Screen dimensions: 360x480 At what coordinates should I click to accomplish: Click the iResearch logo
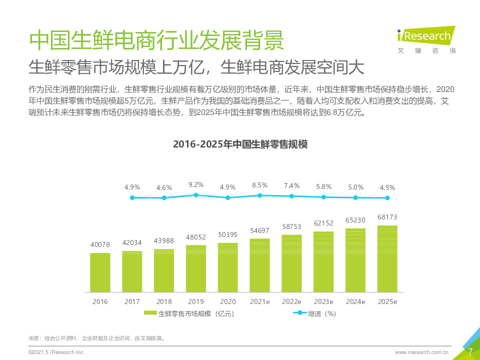pyautogui.click(x=425, y=38)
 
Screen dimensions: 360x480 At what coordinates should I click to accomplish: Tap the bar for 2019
pyautogui.click(x=196, y=268)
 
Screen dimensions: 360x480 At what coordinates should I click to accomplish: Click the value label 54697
pyautogui.click(x=260, y=230)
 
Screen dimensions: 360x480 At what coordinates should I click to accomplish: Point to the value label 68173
pyautogui.click(x=387, y=217)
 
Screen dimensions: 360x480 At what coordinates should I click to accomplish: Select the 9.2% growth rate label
pyautogui.click(x=196, y=184)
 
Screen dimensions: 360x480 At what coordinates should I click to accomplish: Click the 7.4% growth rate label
pyautogui.click(x=291, y=185)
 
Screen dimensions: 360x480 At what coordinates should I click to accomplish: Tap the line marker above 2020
pyautogui.click(x=228, y=197)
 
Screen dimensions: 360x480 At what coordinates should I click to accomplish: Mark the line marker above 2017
pyautogui.click(x=164, y=198)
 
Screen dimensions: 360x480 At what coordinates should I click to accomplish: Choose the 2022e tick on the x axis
pyautogui.click(x=291, y=301)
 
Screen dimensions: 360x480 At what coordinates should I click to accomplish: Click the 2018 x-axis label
pyautogui.click(x=164, y=301)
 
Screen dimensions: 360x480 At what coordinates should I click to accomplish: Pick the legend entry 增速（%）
pyautogui.click(x=314, y=313)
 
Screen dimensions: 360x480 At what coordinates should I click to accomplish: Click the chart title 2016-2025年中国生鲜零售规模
pyautogui.click(x=240, y=144)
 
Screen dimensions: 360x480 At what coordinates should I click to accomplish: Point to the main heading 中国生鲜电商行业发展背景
pyautogui.click(x=156, y=40)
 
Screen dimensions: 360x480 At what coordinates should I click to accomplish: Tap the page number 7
pyautogui.click(x=470, y=351)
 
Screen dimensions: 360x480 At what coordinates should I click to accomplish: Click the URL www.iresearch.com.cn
pyautogui.click(x=421, y=352)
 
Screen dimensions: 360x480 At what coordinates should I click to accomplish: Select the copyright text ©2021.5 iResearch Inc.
pyautogui.click(x=56, y=352)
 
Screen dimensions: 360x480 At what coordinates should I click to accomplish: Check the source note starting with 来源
pyautogui.click(x=97, y=338)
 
